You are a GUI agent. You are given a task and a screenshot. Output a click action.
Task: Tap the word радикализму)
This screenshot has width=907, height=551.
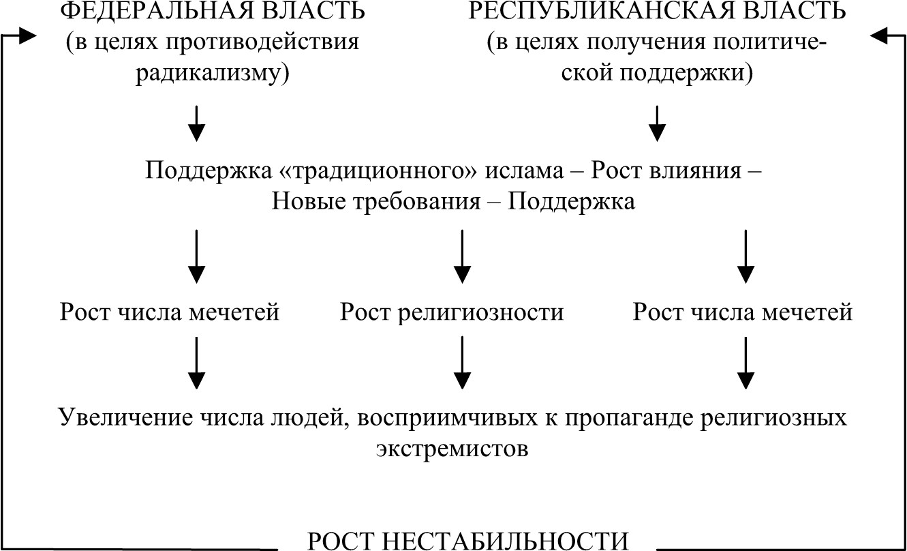213,73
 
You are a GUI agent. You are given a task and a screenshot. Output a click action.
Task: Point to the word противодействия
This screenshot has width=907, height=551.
262,42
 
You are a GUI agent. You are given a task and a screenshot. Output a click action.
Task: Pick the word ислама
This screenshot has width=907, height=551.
524,170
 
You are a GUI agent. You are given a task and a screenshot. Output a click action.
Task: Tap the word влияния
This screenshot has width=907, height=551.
696,170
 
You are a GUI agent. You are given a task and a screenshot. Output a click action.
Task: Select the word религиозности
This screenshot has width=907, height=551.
480,312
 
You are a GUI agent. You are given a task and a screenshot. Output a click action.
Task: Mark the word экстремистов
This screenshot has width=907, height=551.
452,448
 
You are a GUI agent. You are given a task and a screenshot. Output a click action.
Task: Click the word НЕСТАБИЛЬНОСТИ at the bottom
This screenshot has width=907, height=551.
506,541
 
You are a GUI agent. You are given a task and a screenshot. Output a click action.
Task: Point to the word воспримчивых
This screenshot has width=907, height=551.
448,417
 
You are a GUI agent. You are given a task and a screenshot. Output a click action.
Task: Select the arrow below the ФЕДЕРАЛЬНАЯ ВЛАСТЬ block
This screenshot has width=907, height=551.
196,123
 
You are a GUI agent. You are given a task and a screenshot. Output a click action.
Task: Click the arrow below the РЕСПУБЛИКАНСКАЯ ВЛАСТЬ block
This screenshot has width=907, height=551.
657,123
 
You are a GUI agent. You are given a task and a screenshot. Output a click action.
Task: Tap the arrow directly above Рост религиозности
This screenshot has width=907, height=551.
462,256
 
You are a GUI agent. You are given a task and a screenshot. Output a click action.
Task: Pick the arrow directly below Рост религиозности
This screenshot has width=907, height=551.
462,363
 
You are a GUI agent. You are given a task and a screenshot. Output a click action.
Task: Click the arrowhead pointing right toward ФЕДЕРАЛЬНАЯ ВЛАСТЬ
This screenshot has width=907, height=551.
27,36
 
